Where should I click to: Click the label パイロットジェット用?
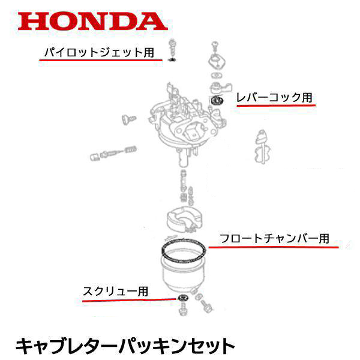click(100, 52)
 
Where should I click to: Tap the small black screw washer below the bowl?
click(181, 298)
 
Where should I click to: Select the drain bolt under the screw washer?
click(181, 310)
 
